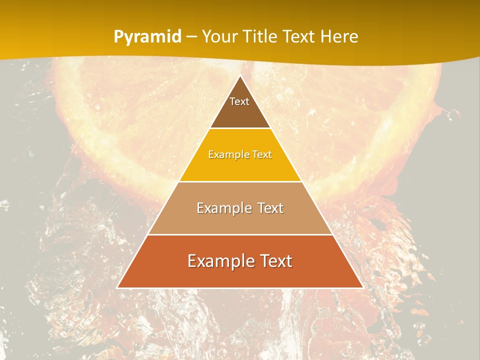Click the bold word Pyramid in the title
[x=147, y=37]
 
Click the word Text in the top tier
[x=239, y=101]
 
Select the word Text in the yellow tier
[x=262, y=154]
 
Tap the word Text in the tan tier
[x=269, y=208]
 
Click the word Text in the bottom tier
[x=274, y=261]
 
